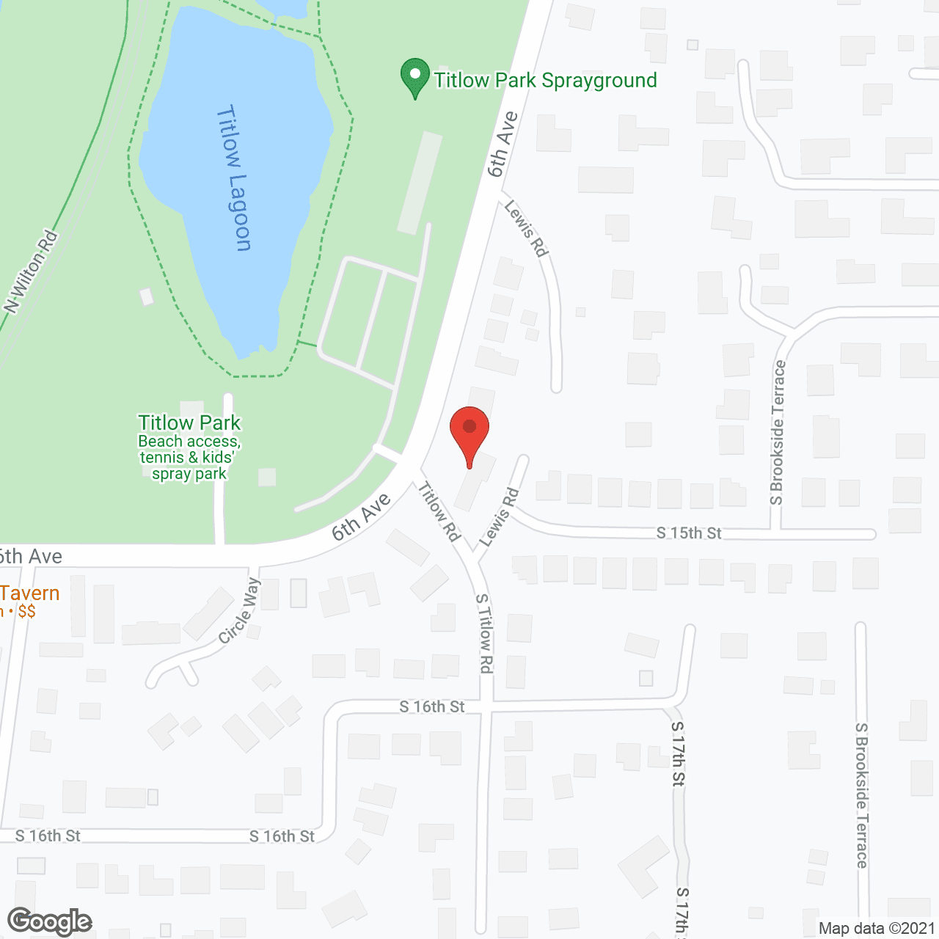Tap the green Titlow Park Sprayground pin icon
pyautogui.click(x=415, y=77)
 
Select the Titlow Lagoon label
pyautogui.click(x=235, y=179)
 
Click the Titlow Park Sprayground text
pyautogui.click(x=545, y=80)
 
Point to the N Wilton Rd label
pyautogui.click(x=32, y=272)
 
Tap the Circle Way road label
pyautogui.click(x=240, y=611)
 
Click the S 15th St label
pyautogui.click(x=689, y=533)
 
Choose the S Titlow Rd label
pyautogui.click(x=484, y=632)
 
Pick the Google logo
pyautogui.click(x=49, y=921)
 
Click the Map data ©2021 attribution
pyautogui.click(x=877, y=929)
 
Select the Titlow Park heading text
pyautogui.click(x=189, y=423)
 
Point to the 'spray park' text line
pyautogui.click(x=189, y=474)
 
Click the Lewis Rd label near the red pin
pyautogui.click(x=499, y=518)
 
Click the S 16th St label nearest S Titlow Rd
pyautogui.click(x=431, y=706)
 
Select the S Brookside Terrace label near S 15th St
pyautogui.click(x=778, y=433)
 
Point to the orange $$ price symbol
pyautogui.click(x=26, y=612)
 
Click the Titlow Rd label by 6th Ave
pyautogui.click(x=439, y=511)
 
